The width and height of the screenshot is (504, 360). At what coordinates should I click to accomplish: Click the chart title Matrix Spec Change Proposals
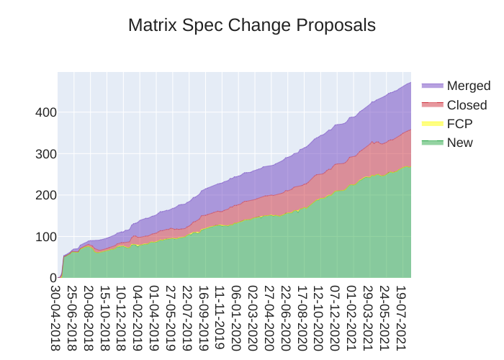coord(252,25)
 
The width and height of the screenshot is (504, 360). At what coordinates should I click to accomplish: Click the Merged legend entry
coord(468,86)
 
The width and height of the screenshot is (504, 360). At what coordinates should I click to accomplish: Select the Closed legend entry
coord(467,105)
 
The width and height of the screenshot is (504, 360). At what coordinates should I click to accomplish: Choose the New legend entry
coord(460,143)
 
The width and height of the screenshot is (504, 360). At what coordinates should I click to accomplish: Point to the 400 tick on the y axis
coord(45,112)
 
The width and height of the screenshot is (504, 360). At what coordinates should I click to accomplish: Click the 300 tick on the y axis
coord(45,154)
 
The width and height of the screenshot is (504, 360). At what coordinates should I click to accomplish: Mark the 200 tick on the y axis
coord(45,195)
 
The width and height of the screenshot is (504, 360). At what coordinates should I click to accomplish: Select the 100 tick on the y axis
coord(45,237)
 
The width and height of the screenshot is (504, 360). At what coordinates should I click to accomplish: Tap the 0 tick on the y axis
coord(52,278)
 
